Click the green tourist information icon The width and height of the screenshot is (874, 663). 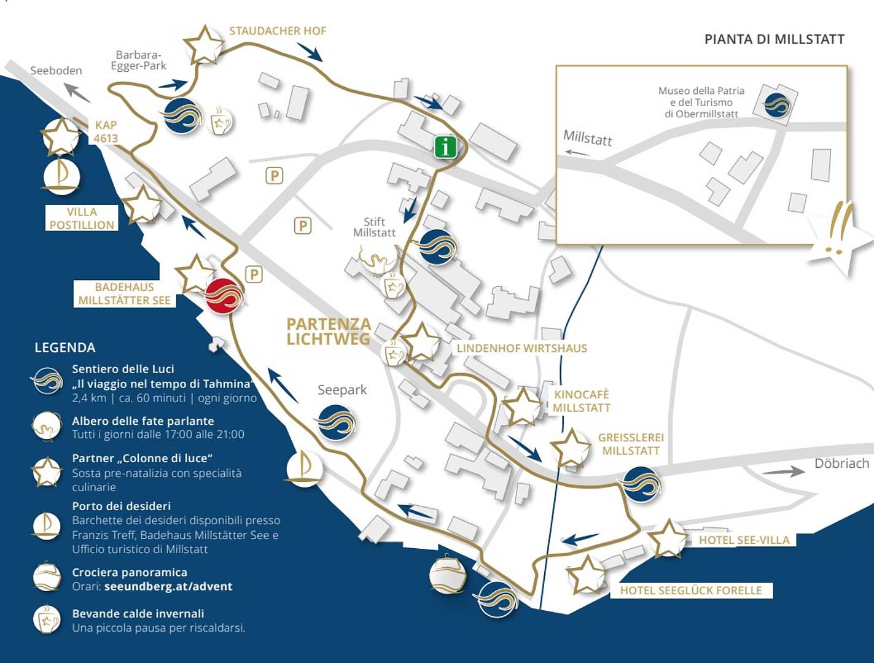[x=445, y=147]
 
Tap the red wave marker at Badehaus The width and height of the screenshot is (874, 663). [x=224, y=296]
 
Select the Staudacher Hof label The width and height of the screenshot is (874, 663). [x=278, y=31]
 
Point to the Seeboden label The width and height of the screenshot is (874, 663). [x=56, y=71]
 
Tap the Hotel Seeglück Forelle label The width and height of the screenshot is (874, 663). [x=691, y=590]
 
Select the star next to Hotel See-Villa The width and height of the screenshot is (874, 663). [x=668, y=538]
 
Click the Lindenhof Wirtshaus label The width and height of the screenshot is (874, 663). [x=521, y=348]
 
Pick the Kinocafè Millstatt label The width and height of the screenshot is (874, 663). [x=582, y=401]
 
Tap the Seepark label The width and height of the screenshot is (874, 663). [x=342, y=390]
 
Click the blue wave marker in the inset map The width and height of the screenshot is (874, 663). [x=776, y=105]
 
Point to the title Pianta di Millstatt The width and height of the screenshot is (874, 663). [x=775, y=39]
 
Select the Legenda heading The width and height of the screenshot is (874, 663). [x=65, y=347]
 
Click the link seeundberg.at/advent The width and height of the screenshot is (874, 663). [x=168, y=586]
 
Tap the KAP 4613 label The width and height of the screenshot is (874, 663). [x=106, y=131]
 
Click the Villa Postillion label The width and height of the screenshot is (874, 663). [x=82, y=218]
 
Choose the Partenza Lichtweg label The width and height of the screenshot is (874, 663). [x=329, y=331]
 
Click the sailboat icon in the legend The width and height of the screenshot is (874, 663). [x=47, y=525]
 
